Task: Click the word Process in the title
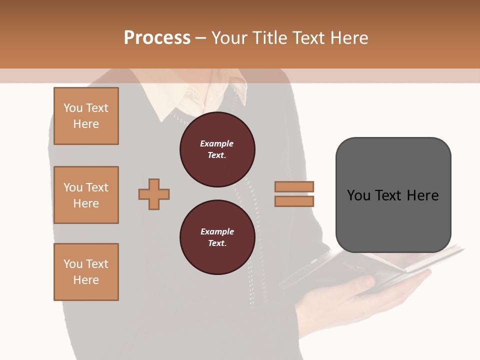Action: pos(157,38)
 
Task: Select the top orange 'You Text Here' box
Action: pos(86,116)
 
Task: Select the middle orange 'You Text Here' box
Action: pos(86,195)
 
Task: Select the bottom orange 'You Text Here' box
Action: pos(86,272)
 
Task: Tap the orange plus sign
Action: pos(154,194)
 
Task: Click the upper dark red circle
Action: pos(217,149)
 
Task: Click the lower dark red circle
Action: pos(217,237)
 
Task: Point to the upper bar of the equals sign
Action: pos(294,186)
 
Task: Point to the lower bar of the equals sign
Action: pos(294,201)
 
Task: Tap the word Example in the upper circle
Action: pos(216,143)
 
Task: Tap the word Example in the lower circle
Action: pos(217,231)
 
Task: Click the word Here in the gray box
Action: pos(423,195)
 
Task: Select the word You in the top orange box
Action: pos(72,108)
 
